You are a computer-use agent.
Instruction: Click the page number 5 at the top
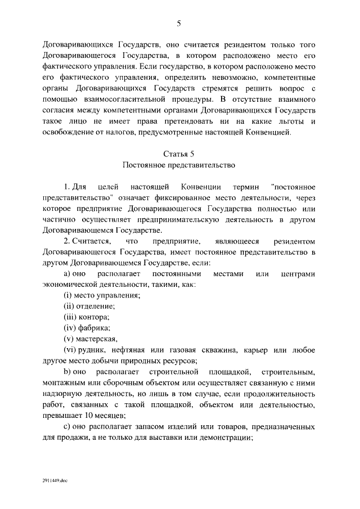pos(179,23)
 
